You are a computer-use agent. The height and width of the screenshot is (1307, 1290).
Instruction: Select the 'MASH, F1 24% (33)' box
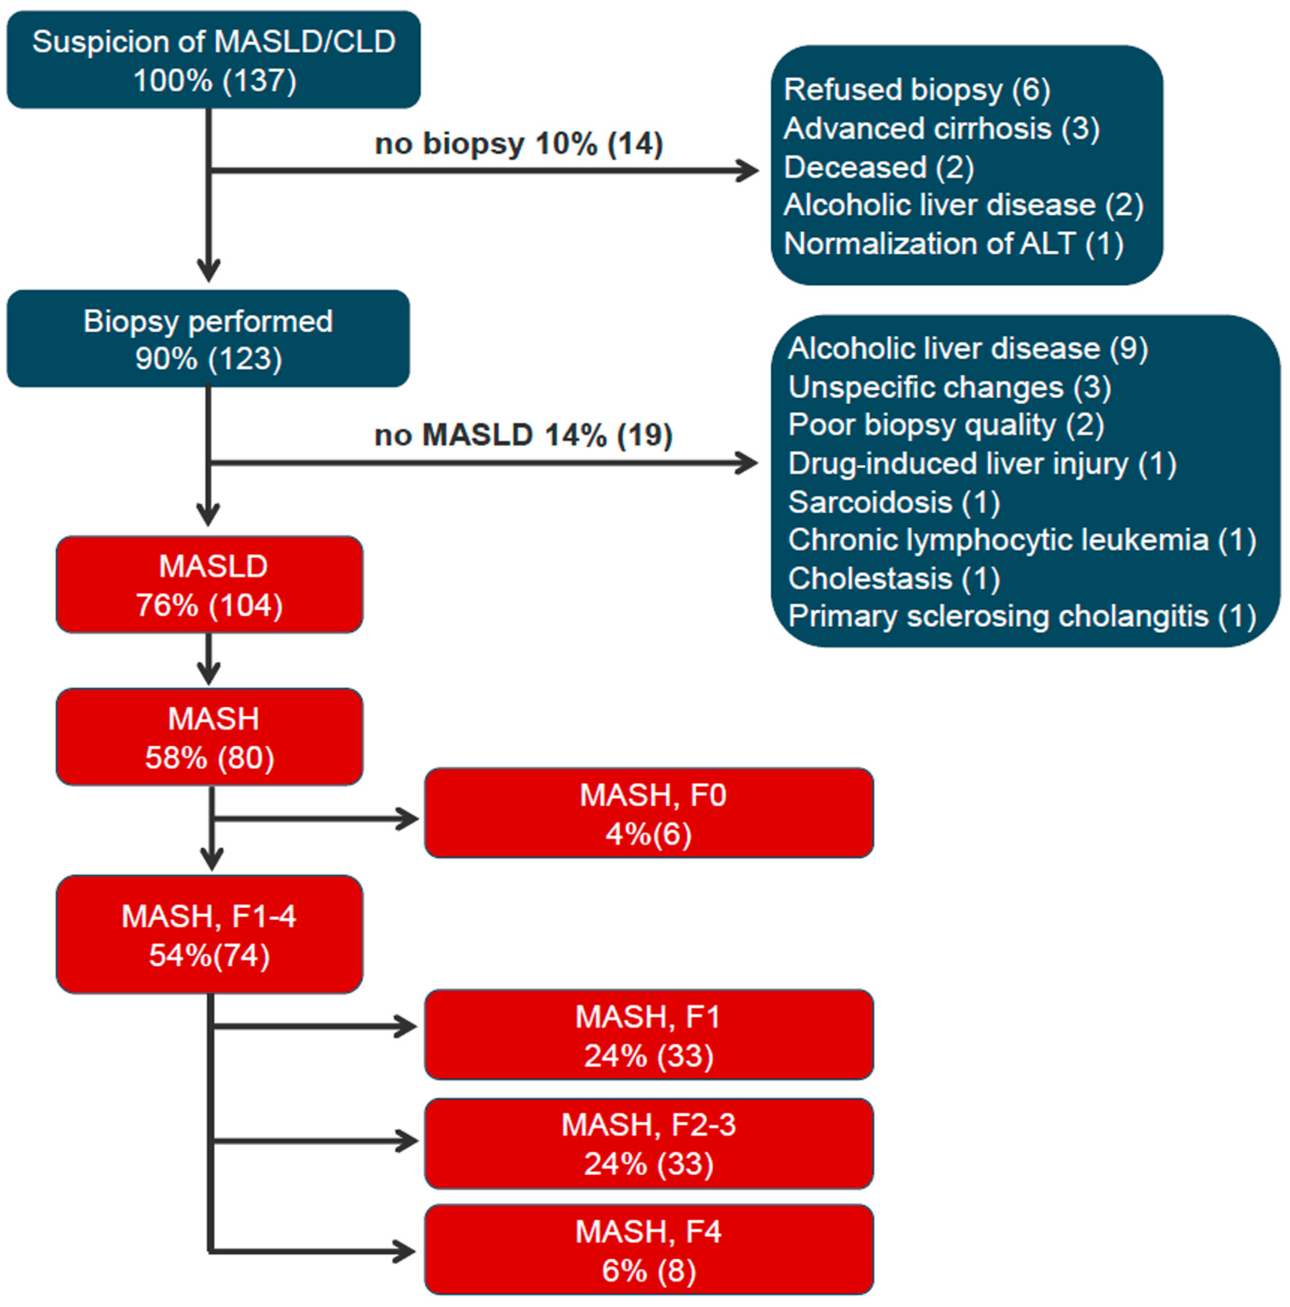648,1035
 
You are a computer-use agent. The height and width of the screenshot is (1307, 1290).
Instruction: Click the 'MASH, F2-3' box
648,1143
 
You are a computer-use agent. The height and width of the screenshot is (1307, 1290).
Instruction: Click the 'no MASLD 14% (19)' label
523,435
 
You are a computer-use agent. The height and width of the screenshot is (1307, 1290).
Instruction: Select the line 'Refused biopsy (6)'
916,90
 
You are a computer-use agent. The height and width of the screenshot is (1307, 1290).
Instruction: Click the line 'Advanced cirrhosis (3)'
941,128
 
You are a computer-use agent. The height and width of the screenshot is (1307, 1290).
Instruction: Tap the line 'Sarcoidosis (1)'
893,502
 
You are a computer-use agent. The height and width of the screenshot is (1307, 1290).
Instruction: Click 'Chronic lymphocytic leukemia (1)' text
1021,540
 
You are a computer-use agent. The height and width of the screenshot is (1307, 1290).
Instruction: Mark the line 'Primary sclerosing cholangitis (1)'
1021,616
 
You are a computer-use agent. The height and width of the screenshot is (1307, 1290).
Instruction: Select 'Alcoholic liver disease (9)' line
967,348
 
